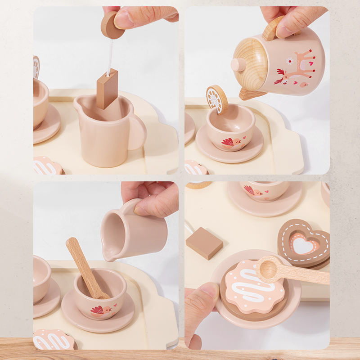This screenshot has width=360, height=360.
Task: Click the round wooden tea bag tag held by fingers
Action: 112,25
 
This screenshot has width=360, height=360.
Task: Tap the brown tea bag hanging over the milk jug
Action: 107,89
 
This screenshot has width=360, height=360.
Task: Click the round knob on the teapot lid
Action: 238,65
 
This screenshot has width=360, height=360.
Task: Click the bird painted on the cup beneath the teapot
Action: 229,143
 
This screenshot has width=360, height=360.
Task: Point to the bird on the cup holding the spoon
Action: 99,310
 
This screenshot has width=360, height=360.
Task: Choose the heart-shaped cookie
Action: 304,243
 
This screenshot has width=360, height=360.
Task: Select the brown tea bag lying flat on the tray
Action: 204,243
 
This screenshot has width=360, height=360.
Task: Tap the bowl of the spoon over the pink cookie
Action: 269,269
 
